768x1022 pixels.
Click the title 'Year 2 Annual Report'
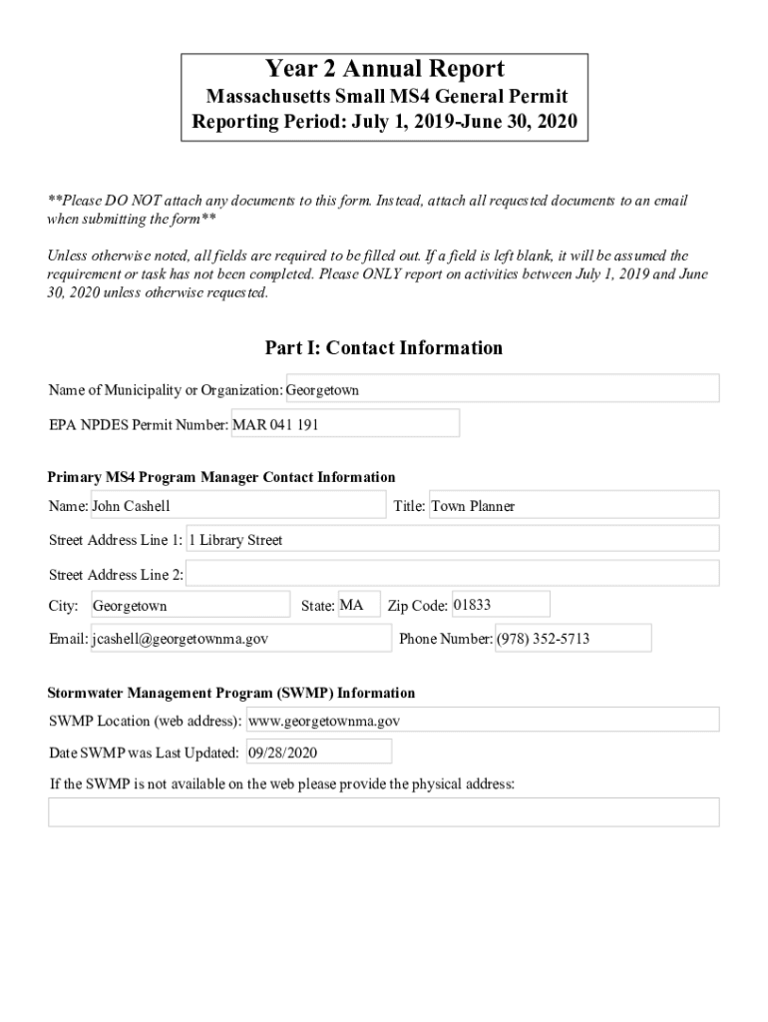point(384,69)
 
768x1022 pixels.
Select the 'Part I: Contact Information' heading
point(384,348)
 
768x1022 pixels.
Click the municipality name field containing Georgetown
point(502,389)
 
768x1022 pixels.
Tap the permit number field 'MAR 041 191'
point(345,424)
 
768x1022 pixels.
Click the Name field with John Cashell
point(237,506)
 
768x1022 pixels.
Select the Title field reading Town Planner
point(573,506)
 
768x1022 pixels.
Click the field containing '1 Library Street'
point(452,540)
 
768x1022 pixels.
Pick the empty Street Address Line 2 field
point(452,574)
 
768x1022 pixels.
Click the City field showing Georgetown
point(190,606)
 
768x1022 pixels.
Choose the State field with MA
point(358,605)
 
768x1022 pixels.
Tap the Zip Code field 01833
point(500,605)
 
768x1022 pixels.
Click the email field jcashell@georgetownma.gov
point(240,638)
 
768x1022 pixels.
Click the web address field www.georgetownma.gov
point(482,720)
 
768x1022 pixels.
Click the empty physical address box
point(384,811)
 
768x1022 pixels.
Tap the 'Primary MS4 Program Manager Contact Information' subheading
point(221,477)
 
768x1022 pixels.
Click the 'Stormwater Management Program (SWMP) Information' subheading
point(231,693)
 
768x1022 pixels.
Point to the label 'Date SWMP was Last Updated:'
point(144,753)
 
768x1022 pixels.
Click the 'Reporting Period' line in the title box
point(384,125)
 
